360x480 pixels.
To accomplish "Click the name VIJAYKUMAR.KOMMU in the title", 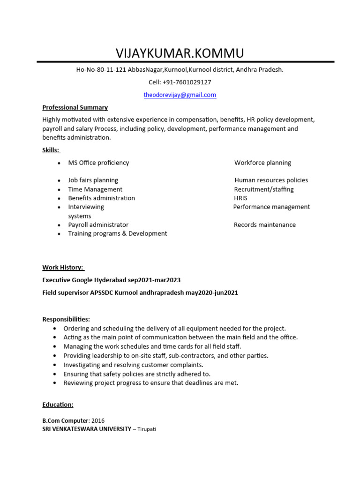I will click(x=180, y=53).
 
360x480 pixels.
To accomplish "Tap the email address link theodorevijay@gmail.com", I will click(x=180, y=95).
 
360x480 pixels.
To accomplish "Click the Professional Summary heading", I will click(x=75, y=107).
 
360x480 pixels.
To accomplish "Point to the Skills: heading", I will click(x=51, y=150).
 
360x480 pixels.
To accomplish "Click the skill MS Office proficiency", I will click(x=98, y=163).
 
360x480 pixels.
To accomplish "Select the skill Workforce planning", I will click(x=262, y=163).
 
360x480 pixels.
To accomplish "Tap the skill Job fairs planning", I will click(x=93, y=180).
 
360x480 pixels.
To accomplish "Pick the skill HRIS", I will click(x=240, y=198).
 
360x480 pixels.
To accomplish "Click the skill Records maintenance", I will click(x=264, y=225).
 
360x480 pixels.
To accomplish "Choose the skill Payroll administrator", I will click(x=98, y=225).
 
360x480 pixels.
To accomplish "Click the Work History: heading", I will click(x=63, y=268).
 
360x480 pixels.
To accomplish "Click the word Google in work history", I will click(x=84, y=280).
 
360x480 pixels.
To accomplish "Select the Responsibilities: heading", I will click(x=66, y=319).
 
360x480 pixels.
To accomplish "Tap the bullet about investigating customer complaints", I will click(x=133, y=365).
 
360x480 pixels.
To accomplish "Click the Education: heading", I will click(x=58, y=405).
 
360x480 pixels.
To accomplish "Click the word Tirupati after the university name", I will click(x=147, y=429).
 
